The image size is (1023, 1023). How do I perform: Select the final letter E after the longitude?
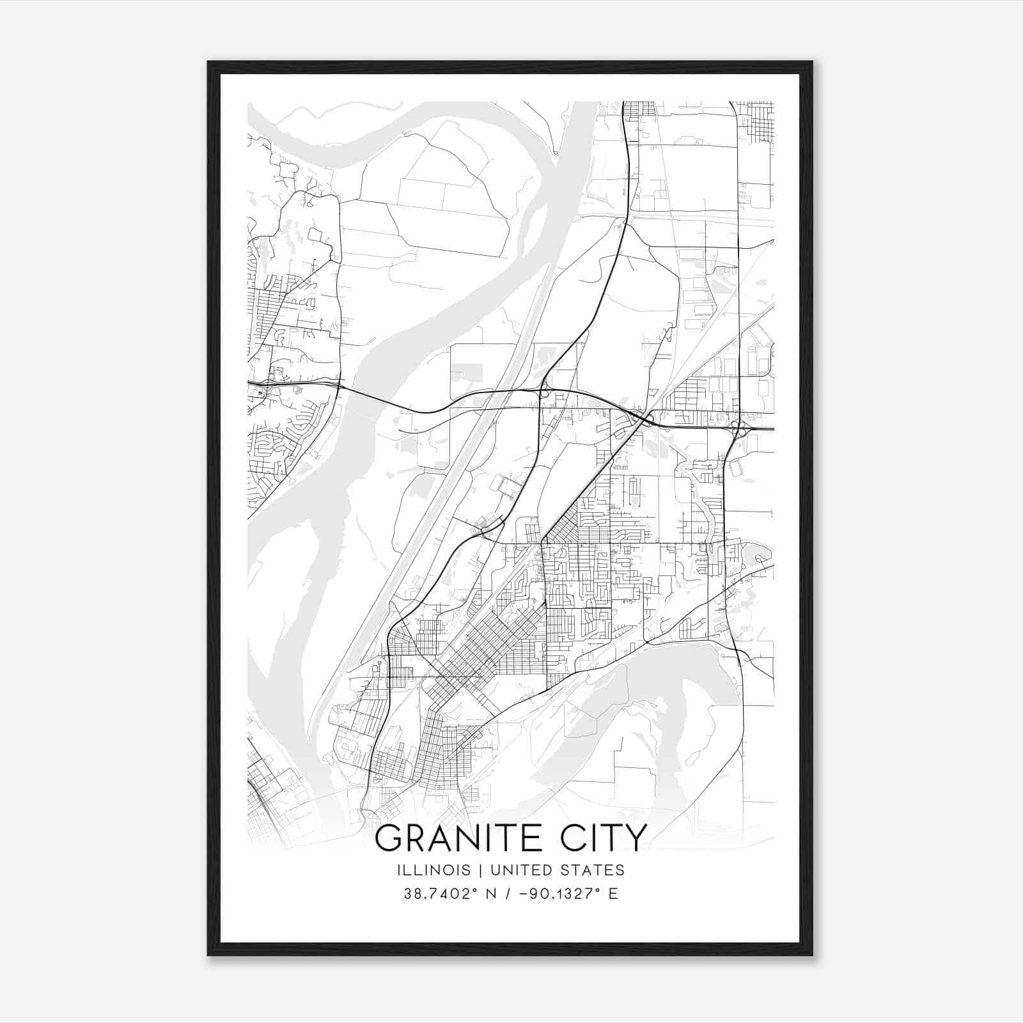613,894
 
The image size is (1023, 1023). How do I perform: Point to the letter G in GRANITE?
389,838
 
